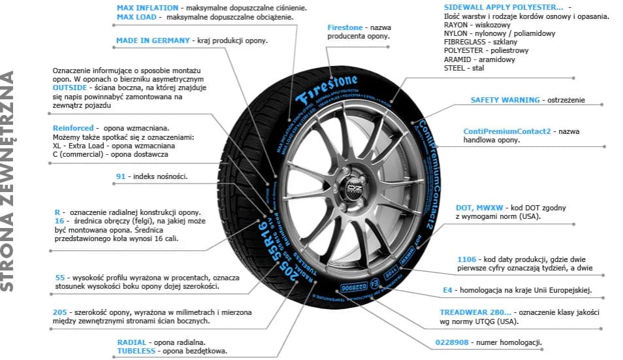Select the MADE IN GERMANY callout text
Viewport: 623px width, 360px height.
click(x=153, y=41)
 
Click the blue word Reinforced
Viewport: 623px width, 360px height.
click(x=73, y=128)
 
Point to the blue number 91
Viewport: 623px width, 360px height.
click(x=120, y=177)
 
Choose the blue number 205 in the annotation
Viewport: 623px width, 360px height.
click(x=61, y=312)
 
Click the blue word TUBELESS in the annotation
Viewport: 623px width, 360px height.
click(x=136, y=351)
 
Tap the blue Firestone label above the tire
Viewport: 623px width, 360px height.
click(x=345, y=28)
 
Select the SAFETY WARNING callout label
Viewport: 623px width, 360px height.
click(x=505, y=101)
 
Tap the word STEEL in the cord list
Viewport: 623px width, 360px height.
click(x=455, y=68)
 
